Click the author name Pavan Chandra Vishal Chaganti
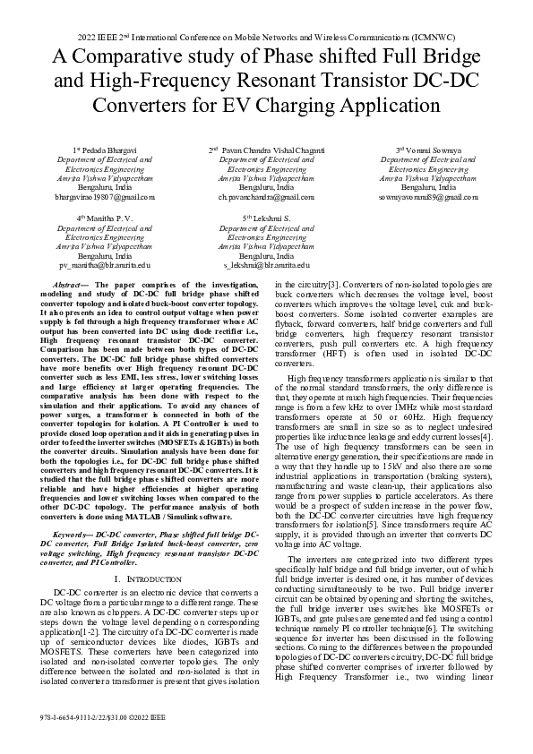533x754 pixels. coord(271,150)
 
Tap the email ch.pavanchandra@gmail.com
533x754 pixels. coord(266,195)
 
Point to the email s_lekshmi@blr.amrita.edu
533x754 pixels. coord(266,265)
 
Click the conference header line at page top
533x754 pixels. coord(266,37)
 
